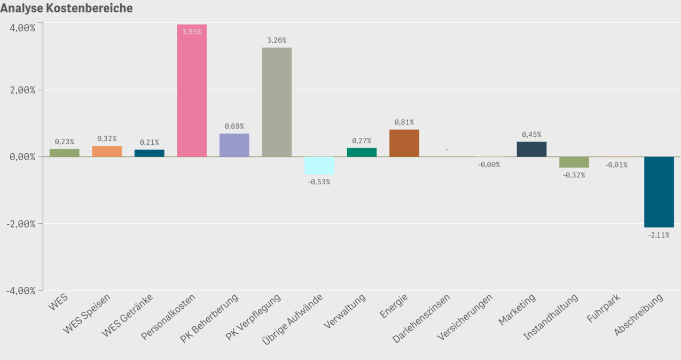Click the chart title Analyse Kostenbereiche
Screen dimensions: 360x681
pos(66,9)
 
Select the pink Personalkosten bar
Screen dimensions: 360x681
pos(192,91)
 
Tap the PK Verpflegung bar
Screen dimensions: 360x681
pos(277,102)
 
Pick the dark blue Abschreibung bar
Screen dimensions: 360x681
pos(659,192)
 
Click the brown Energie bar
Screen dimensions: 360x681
pos(404,143)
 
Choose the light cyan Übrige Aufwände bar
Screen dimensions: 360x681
pos(319,166)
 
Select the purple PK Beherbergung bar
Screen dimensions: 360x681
pos(234,145)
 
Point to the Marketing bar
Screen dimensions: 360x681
pos(531,149)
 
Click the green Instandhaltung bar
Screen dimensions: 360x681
pos(574,162)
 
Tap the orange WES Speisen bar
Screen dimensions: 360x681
pos(107,151)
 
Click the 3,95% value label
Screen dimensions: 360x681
pos(192,32)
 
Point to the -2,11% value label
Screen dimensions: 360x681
pos(659,235)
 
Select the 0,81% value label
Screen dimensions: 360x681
pos(404,122)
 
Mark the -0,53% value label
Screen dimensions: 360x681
pos(319,182)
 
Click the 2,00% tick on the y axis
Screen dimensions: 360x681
pos(22,90)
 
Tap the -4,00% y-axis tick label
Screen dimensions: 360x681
pos(21,290)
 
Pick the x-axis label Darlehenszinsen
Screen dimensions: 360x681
pos(421,318)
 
